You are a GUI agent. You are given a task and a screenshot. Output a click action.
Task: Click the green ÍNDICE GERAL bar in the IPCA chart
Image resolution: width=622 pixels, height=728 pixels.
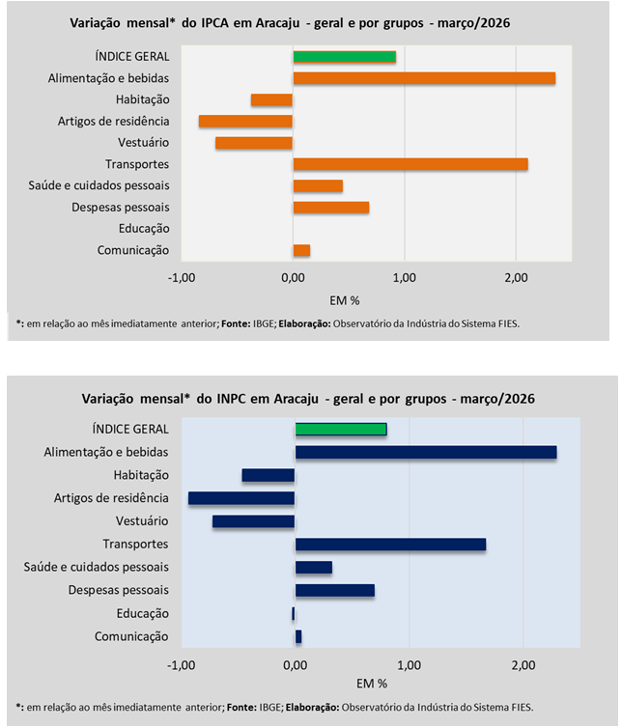point(344,57)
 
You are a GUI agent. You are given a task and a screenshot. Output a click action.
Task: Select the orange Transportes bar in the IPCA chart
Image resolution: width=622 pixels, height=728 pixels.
point(410,164)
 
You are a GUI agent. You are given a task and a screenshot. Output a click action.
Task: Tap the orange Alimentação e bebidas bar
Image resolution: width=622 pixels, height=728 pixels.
point(424,78)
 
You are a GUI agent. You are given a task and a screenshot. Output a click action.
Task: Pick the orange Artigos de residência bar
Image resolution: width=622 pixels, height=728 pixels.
point(245,121)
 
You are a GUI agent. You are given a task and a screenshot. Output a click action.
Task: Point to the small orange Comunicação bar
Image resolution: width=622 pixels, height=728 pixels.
point(301,250)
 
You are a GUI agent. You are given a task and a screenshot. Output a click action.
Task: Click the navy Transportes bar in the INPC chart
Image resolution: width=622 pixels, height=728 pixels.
point(390,545)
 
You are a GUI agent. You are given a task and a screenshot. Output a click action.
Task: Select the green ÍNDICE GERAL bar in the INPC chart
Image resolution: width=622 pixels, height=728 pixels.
point(341,429)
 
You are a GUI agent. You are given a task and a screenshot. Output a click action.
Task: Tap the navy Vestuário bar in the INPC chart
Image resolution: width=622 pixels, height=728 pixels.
point(253,521)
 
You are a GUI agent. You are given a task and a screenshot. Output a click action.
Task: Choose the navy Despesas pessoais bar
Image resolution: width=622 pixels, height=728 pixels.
point(334,590)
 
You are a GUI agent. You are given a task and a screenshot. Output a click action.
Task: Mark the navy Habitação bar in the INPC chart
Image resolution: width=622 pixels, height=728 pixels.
point(268,475)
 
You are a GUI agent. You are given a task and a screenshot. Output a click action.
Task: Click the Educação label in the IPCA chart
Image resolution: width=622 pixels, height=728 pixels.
point(146,229)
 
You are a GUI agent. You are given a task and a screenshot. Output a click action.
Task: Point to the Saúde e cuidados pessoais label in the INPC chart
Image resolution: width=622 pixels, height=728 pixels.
point(97,567)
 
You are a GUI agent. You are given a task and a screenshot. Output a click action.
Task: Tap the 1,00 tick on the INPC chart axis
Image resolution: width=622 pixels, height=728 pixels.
point(409,665)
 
